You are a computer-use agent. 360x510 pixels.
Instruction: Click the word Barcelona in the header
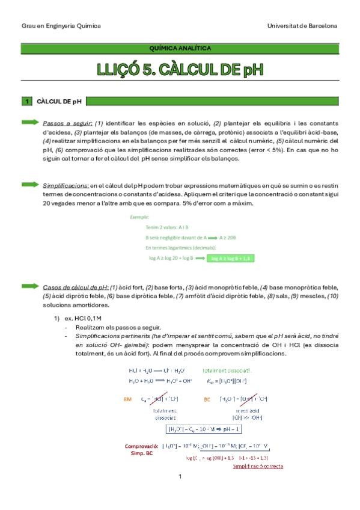pos(322,26)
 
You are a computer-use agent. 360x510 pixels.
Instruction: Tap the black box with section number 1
pos(27,102)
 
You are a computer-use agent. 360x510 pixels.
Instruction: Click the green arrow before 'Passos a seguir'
pos(31,122)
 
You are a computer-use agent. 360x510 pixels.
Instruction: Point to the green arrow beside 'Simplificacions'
pos(31,185)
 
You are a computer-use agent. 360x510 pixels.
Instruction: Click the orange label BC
pos(208,399)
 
